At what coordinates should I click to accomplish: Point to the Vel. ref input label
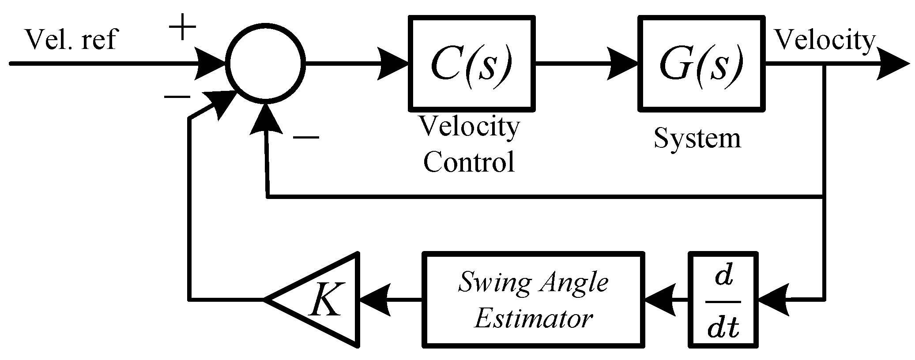tap(71, 40)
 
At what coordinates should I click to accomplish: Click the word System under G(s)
tap(697, 138)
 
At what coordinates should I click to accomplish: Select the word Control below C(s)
tap(469, 162)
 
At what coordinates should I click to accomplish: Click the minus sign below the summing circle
tap(305, 138)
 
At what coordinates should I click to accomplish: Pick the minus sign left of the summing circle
tap(177, 97)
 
